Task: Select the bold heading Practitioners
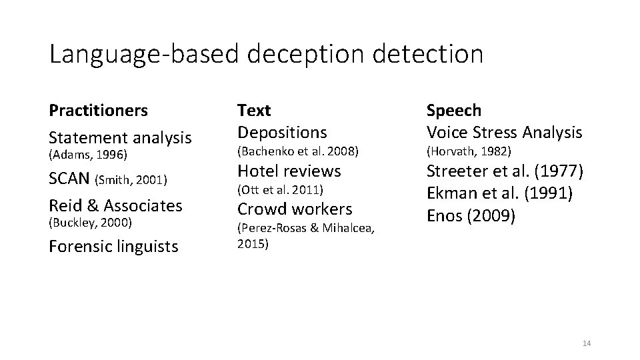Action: coord(99,109)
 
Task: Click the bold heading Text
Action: coord(254,109)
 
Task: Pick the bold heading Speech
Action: coord(453,109)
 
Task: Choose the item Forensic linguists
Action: coord(114,246)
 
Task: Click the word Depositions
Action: coord(283,132)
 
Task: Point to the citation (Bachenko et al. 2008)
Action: coord(299,151)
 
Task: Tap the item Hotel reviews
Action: coord(289,171)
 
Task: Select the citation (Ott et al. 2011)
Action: coord(281,191)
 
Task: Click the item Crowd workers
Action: coord(295,209)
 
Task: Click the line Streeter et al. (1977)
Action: coord(505,171)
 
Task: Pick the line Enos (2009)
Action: coord(471,217)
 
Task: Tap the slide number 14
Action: coord(587,343)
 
